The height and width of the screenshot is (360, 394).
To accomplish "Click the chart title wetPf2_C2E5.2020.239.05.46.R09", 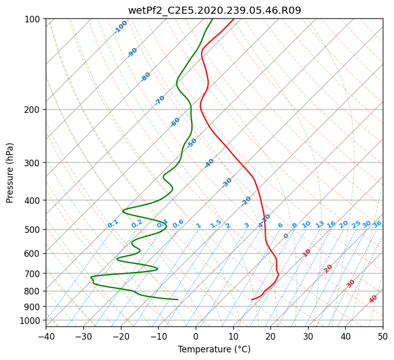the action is pyautogui.click(x=215, y=10).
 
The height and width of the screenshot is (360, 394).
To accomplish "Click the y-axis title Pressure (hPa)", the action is pyautogui.click(x=9, y=173).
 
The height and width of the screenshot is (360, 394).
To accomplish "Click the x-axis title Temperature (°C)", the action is pyautogui.click(x=215, y=349).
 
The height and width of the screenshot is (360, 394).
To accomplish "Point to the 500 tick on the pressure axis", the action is pyautogui.click(x=34, y=230).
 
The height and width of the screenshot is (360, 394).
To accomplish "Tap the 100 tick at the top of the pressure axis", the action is pyautogui.click(x=34, y=19).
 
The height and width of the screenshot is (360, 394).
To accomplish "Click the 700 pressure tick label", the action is pyautogui.click(x=34, y=274).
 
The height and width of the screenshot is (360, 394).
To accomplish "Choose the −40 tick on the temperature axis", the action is pyautogui.click(x=46, y=336).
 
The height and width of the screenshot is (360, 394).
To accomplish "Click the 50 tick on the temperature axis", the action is pyautogui.click(x=383, y=336).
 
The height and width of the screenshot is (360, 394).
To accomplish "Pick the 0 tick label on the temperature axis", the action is pyautogui.click(x=196, y=336).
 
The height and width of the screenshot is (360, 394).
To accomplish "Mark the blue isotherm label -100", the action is pyautogui.click(x=120, y=27).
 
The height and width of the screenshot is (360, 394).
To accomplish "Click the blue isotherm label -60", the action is pyautogui.click(x=175, y=122).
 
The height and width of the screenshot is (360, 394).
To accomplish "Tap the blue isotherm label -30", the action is pyautogui.click(x=227, y=183).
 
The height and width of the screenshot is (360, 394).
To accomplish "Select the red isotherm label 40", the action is pyautogui.click(x=373, y=299).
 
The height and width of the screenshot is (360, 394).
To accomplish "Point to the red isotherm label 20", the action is pyautogui.click(x=328, y=269).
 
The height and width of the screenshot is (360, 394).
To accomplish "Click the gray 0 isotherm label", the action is pyautogui.click(x=286, y=236).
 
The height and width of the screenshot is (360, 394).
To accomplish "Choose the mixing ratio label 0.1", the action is pyautogui.click(x=113, y=224).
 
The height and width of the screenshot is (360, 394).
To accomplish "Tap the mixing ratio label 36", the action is pyautogui.click(x=377, y=224).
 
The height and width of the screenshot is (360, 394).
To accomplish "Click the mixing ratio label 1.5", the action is pyautogui.click(x=216, y=224).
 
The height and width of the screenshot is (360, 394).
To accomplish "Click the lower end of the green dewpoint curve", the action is pyautogui.click(x=178, y=299).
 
